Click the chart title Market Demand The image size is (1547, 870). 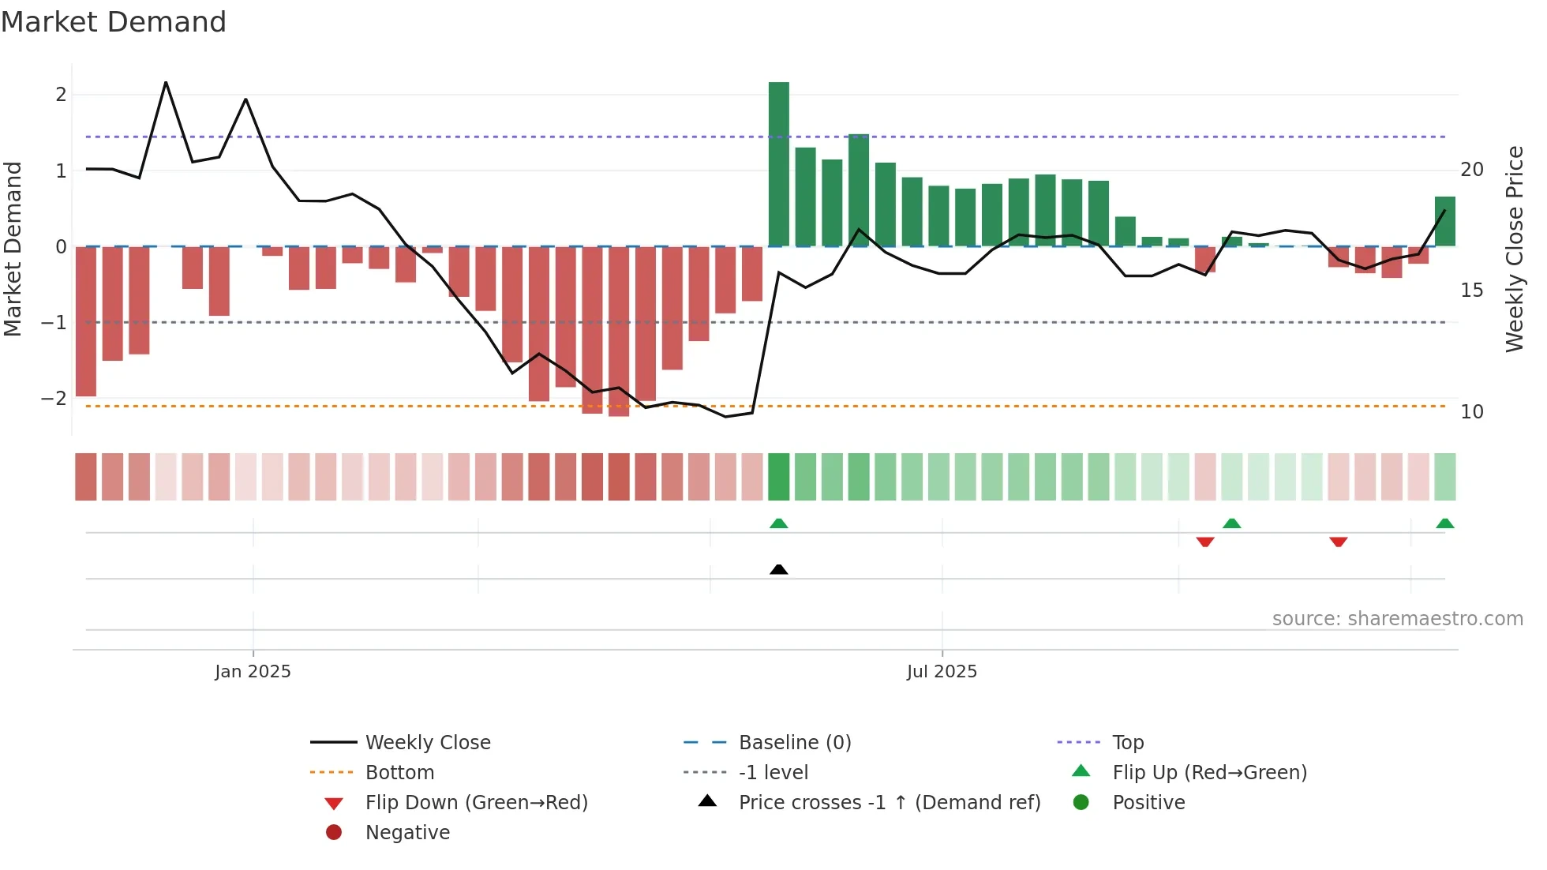tap(114, 22)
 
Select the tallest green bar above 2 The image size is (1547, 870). tap(778, 164)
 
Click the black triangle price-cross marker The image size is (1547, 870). tap(778, 569)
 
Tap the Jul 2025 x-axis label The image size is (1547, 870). tap(941, 672)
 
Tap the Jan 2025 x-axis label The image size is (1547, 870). tap(253, 672)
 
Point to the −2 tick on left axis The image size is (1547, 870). tap(54, 399)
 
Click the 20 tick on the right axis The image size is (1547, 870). tap(1471, 170)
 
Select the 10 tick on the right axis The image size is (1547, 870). tap(1471, 412)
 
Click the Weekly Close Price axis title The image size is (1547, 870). tap(1514, 249)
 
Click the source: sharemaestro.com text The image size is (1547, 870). tap(1397, 619)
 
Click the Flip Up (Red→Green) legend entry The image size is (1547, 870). tap(1209, 773)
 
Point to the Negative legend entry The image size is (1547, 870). tap(407, 833)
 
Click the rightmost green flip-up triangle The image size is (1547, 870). tap(1444, 523)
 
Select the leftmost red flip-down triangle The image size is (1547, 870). tap(1204, 542)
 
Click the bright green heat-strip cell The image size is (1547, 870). tap(778, 477)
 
